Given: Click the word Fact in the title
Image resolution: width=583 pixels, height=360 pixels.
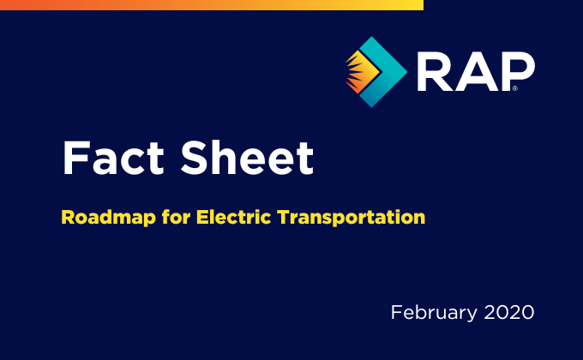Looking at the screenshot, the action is click(113, 158).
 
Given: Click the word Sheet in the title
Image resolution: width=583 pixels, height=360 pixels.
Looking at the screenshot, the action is click(247, 158).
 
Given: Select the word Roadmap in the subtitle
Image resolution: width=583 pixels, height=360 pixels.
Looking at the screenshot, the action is click(108, 217).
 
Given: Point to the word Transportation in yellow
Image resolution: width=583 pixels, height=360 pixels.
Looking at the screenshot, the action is click(352, 217).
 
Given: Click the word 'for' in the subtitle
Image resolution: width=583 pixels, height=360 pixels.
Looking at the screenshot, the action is click(176, 217).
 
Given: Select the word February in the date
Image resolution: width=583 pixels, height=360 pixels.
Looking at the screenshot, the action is click(434, 313).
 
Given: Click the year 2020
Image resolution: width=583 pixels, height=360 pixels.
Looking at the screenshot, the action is click(509, 312).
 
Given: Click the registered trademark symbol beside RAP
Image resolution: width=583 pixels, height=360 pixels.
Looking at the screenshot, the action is click(515, 88).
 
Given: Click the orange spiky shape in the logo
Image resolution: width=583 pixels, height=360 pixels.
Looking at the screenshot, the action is click(361, 71).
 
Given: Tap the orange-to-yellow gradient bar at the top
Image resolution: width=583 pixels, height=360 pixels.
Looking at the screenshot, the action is click(212, 5).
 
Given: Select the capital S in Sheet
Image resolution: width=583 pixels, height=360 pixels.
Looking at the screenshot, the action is click(195, 158).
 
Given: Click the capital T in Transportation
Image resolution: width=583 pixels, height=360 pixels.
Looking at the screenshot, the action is click(285, 217).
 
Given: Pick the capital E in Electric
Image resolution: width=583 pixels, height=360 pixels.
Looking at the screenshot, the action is click(202, 217).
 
